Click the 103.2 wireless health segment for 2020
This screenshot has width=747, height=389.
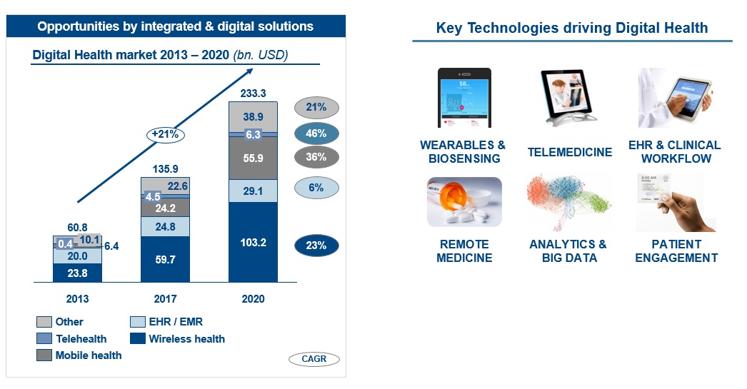point(253,242)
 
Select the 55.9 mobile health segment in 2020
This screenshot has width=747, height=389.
point(253,158)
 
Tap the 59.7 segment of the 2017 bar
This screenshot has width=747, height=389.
point(166,260)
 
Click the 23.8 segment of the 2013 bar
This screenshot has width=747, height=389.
point(77,272)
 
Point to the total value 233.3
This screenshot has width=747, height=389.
point(253,93)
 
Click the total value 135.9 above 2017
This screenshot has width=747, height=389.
point(166,169)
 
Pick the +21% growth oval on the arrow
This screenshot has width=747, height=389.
point(166,133)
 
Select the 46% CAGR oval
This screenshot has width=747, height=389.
point(316,133)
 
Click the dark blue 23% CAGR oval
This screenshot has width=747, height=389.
point(316,246)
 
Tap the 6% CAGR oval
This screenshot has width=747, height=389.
point(316,188)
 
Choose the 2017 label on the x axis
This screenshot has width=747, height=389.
point(166,298)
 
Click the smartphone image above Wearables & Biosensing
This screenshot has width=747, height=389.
point(464,98)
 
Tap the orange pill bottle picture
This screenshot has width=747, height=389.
point(464,202)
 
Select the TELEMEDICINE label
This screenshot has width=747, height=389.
point(570,152)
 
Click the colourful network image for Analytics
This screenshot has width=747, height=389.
point(570,203)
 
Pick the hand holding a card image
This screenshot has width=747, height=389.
point(676,203)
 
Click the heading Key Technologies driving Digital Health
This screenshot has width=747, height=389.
point(572,28)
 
